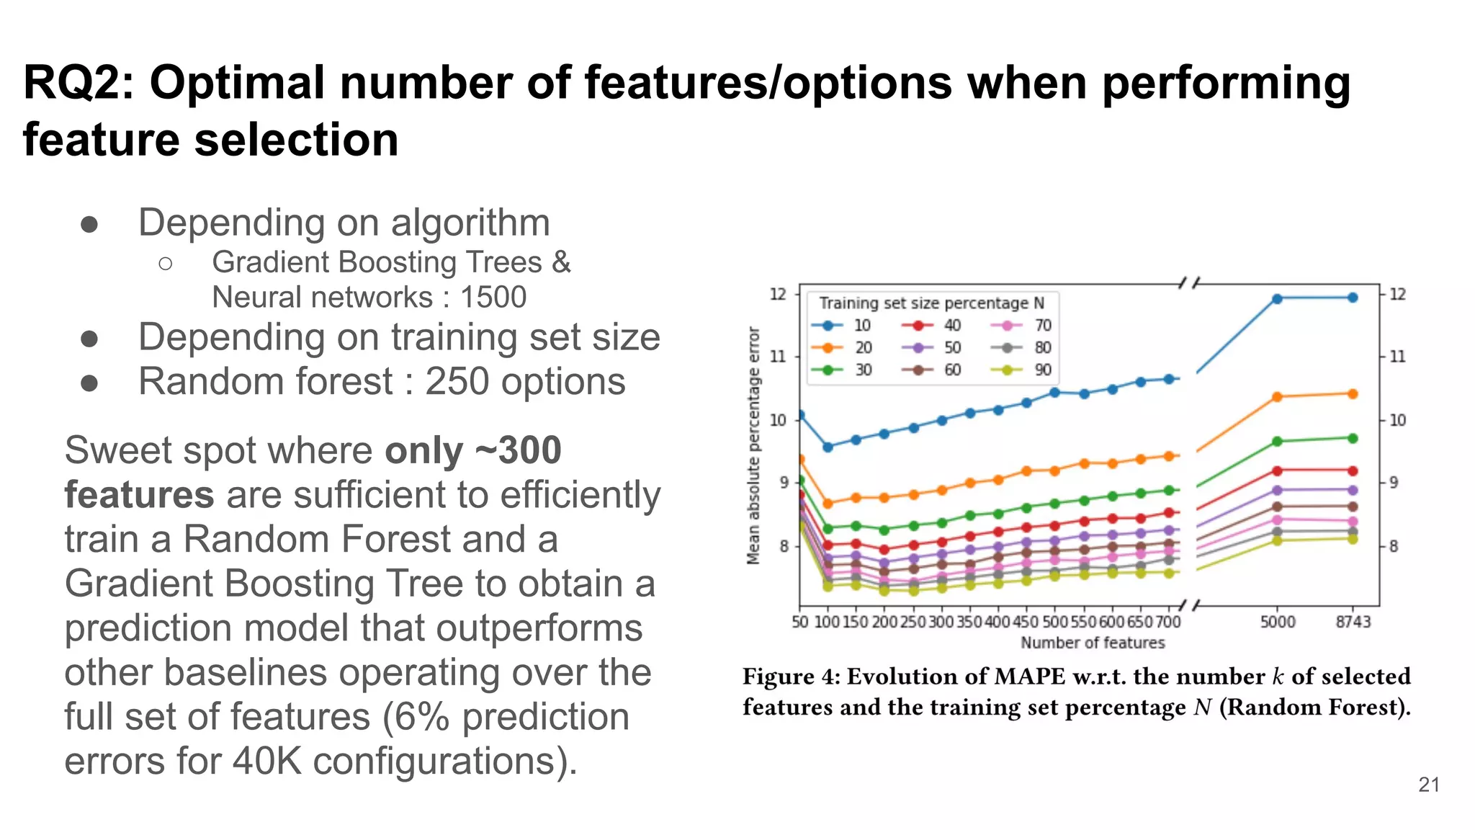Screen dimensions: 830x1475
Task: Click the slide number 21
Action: (1428, 785)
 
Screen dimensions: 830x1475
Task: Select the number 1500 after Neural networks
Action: (493, 297)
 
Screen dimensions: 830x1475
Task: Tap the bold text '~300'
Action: (519, 450)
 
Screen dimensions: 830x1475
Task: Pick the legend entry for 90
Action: (1023, 370)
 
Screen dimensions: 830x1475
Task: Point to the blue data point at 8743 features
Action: (1353, 298)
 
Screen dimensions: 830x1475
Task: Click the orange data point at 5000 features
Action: (1277, 397)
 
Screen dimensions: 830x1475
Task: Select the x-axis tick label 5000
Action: (1277, 622)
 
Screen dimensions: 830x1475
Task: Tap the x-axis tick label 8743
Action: (1353, 622)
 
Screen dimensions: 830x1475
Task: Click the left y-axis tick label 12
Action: (778, 294)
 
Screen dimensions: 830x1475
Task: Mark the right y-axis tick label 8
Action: (1394, 546)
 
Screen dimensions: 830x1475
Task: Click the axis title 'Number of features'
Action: (1092, 643)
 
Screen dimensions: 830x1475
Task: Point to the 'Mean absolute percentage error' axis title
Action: (753, 445)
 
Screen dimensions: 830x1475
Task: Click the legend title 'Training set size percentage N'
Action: (931, 303)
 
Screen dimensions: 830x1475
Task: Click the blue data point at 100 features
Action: (828, 447)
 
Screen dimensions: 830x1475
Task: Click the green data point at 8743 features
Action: (1353, 438)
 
